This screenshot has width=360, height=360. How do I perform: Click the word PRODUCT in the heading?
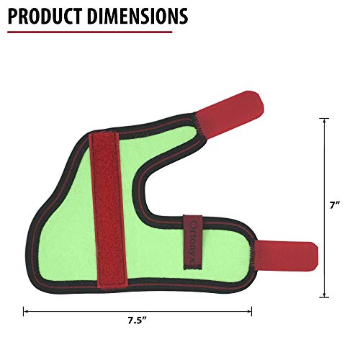click(45, 16)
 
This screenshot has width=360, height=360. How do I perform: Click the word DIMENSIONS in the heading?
click(138, 16)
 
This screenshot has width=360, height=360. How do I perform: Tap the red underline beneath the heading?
click(90, 32)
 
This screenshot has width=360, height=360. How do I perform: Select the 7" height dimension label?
click(335, 205)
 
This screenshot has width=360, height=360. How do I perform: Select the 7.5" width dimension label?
click(137, 320)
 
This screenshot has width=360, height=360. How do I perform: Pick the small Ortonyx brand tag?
click(193, 242)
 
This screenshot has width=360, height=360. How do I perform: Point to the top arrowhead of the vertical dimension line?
click(325, 121)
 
